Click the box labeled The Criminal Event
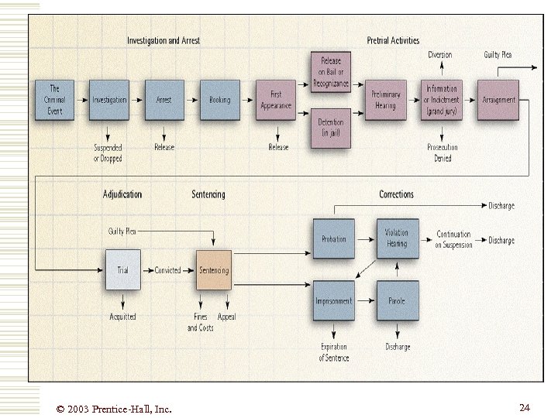point(55,100)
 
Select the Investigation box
point(109,100)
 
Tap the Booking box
point(220,100)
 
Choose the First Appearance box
point(276,100)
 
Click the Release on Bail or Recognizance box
point(331,72)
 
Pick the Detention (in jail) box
point(331,128)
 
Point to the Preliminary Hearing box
point(385,100)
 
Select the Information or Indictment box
point(442,100)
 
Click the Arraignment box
point(498,100)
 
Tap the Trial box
point(123,270)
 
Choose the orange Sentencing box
point(214,270)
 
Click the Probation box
point(334,239)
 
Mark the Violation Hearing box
point(398,239)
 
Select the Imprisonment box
point(334,301)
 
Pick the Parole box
point(398,301)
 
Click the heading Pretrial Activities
point(393,40)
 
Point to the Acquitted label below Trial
point(122,317)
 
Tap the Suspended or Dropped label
point(108,152)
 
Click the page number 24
point(525,407)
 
